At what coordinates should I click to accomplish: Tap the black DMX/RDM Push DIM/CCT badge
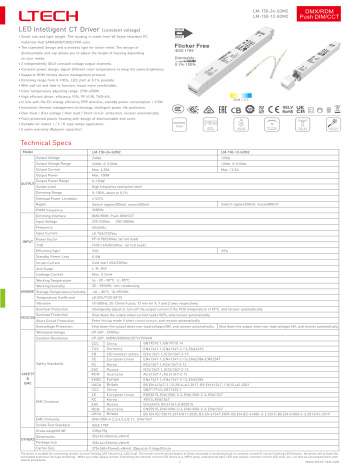click(x=329, y=13)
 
